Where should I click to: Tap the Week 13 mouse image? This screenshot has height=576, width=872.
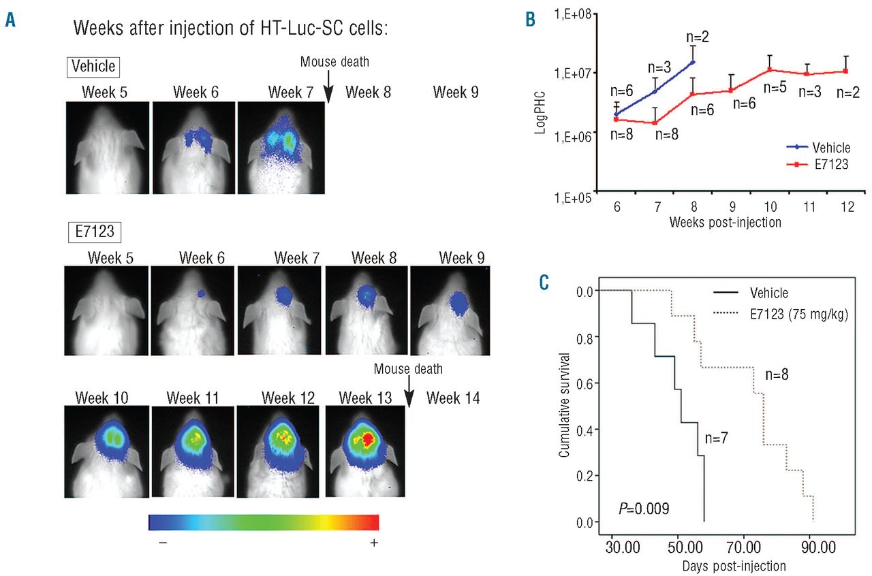(367, 450)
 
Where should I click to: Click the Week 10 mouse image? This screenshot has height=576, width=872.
(106, 450)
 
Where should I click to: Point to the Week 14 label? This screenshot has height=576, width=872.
(453, 398)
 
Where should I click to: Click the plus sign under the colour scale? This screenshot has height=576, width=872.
(373, 543)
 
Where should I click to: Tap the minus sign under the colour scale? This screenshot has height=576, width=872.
(161, 543)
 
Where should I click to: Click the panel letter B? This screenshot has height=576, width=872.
(530, 20)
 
